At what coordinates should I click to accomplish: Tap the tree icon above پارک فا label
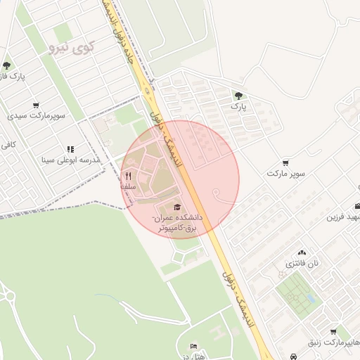(x=6, y=65)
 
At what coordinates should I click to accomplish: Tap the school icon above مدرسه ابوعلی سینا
(x=70, y=149)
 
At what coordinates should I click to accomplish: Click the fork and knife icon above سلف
(x=128, y=176)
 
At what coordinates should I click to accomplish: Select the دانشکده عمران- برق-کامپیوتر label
(x=179, y=224)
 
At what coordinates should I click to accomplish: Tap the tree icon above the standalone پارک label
(x=239, y=94)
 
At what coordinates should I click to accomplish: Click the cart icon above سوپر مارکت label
(x=285, y=162)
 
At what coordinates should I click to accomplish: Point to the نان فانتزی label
(x=302, y=264)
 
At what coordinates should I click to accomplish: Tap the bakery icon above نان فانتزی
(x=302, y=252)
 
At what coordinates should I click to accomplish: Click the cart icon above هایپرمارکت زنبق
(x=332, y=332)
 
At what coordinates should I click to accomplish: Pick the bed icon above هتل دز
(x=194, y=346)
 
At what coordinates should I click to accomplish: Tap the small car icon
(x=292, y=356)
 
